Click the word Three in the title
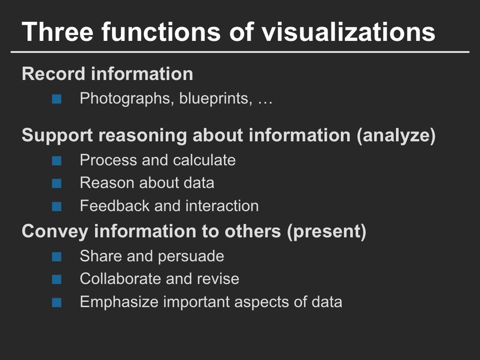click(x=57, y=31)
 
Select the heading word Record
click(x=53, y=73)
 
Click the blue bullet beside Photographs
click(x=57, y=99)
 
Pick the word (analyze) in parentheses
click(x=396, y=136)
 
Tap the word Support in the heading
click(x=57, y=136)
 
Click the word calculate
click(x=204, y=160)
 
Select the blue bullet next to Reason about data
click(x=57, y=183)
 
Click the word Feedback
click(x=114, y=205)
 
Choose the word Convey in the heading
click(x=55, y=232)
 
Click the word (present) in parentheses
click(x=327, y=232)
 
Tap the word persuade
click(x=191, y=256)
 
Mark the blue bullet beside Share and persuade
click(x=57, y=256)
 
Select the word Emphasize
click(x=119, y=302)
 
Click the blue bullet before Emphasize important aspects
click(x=57, y=303)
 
